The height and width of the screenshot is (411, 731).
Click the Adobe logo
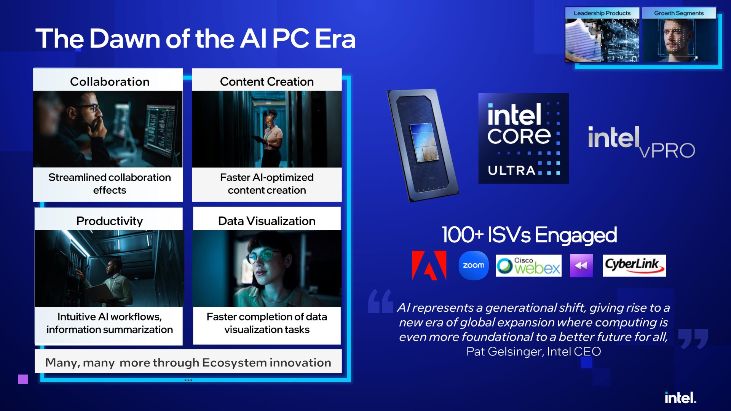429,265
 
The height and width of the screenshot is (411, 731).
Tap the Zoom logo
474,265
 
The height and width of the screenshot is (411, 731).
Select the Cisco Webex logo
528,266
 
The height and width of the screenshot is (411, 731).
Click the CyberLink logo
634,265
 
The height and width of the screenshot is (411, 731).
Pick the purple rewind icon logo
581,266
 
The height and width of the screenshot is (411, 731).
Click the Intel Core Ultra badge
524,139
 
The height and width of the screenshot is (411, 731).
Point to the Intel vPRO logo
642,142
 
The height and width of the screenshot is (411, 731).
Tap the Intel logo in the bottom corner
680,398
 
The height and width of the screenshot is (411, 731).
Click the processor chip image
423,145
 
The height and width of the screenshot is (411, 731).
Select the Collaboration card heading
110,81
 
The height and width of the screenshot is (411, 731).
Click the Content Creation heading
267,81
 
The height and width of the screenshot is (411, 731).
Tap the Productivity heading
110,221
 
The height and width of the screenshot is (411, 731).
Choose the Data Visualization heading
267,221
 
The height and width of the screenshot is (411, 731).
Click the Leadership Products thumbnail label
602,13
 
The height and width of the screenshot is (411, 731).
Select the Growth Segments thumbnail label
679,13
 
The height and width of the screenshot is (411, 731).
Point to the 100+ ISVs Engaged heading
529,235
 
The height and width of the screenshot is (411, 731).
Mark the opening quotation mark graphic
381,301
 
